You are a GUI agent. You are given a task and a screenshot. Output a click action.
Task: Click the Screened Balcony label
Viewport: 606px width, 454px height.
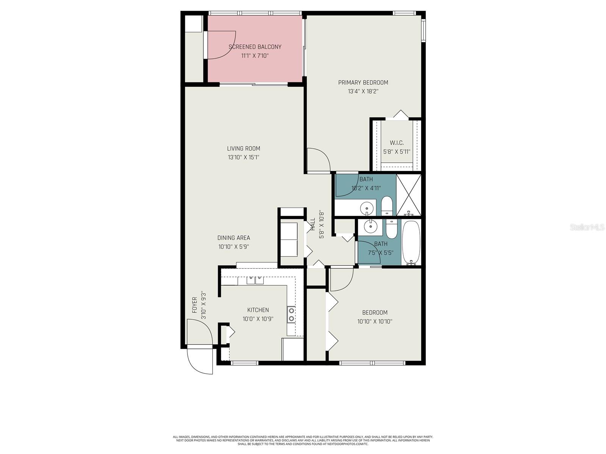(255, 47)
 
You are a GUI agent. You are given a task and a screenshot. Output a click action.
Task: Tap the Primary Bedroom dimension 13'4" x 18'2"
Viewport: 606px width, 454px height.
(363, 91)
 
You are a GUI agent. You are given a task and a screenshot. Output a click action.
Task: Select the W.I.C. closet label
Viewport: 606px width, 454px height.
(397, 143)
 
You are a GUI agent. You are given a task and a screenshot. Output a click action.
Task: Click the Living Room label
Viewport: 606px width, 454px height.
(244, 149)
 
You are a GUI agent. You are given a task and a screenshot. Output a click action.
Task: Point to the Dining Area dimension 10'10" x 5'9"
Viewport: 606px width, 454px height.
(233, 247)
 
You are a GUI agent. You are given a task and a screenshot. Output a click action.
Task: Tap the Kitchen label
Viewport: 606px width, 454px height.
(258, 310)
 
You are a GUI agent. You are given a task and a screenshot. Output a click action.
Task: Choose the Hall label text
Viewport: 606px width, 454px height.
(313, 224)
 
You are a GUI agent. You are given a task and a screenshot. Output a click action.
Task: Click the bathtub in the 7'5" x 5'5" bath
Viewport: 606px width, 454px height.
(411, 242)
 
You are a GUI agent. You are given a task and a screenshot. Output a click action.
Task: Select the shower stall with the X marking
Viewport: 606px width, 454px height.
(409, 194)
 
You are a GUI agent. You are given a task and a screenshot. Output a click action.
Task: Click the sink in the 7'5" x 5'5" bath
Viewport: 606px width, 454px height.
(370, 227)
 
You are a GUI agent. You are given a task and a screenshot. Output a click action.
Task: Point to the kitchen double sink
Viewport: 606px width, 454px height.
(255, 280)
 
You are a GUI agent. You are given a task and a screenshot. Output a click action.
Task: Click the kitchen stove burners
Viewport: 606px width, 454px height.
(291, 314)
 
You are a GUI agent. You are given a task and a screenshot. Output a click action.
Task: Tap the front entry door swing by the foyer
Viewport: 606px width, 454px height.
(200, 359)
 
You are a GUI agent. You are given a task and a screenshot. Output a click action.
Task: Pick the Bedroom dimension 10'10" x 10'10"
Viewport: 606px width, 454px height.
(375, 322)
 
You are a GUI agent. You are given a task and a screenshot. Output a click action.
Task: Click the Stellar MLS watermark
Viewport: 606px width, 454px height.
(587, 227)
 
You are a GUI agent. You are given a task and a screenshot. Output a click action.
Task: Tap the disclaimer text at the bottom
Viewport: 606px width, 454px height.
(303, 440)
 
